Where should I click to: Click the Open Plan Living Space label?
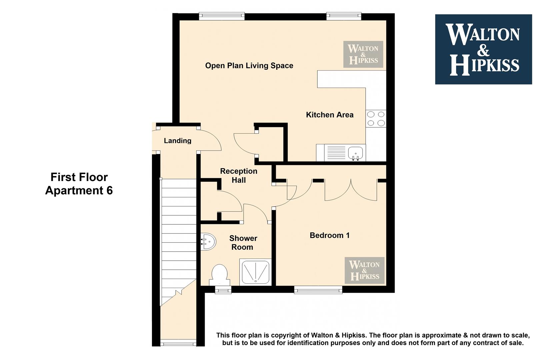pyautogui.click(x=249, y=66)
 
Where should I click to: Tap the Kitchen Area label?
pyautogui.click(x=330, y=115)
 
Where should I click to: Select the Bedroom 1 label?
pyautogui.click(x=330, y=235)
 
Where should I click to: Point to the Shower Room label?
pyautogui.click(x=243, y=243)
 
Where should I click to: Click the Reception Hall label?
pyautogui.click(x=239, y=175)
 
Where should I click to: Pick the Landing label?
pyautogui.click(x=177, y=141)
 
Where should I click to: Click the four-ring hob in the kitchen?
pyautogui.click(x=376, y=118)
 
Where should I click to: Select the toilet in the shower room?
pyautogui.click(x=219, y=275)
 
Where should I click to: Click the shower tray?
pyautogui.click(x=255, y=272)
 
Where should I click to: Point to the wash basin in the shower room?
pyautogui.click(x=208, y=242)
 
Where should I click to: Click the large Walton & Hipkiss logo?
pyautogui.click(x=484, y=49)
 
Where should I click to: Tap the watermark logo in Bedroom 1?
pyautogui.click(x=365, y=270)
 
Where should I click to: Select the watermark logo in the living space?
pyautogui.click(x=363, y=54)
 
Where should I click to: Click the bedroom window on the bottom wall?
pyautogui.click(x=318, y=290)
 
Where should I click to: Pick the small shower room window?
pyautogui.click(x=223, y=290)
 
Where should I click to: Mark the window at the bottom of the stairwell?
pyautogui.click(x=178, y=343)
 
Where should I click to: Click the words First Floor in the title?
pyautogui.click(x=79, y=177)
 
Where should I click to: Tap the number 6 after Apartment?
pyautogui.click(x=109, y=190)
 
